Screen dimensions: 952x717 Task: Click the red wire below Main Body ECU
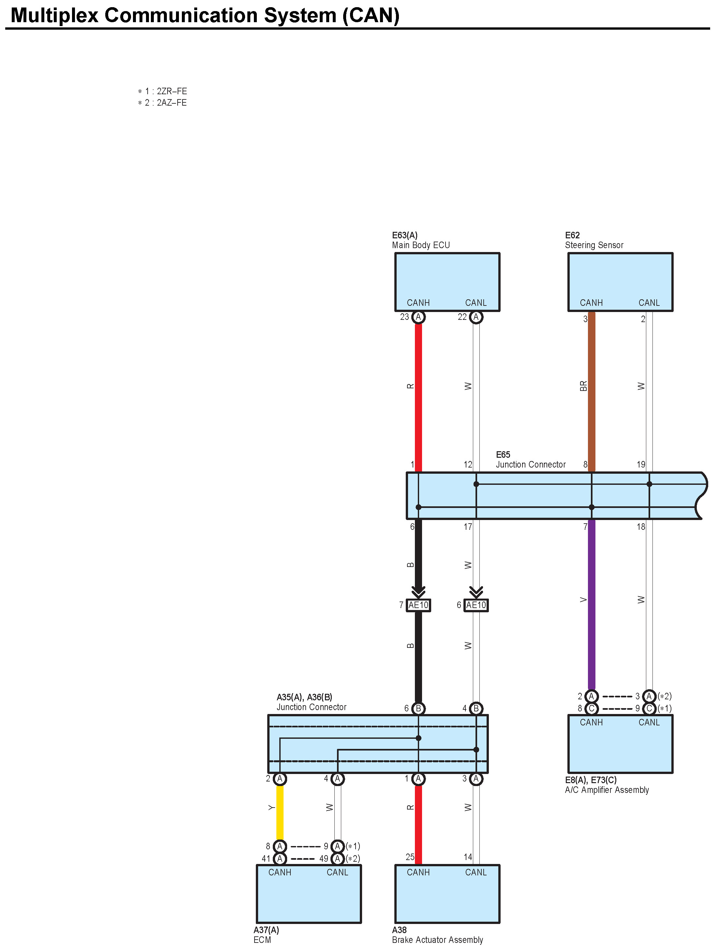click(x=418, y=396)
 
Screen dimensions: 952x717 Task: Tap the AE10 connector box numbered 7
click(x=418, y=605)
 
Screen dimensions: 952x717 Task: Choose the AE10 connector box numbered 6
click(x=476, y=605)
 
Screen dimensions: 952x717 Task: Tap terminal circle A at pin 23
click(x=418, y=317)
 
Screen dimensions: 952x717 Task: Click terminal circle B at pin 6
click(x=418, y=708)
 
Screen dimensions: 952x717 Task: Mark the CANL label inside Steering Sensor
click(x=649, y=303)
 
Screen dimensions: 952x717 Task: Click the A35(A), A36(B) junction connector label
click(x=311, y=702)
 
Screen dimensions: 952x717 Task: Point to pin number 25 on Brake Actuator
click(x=410, y=857)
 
